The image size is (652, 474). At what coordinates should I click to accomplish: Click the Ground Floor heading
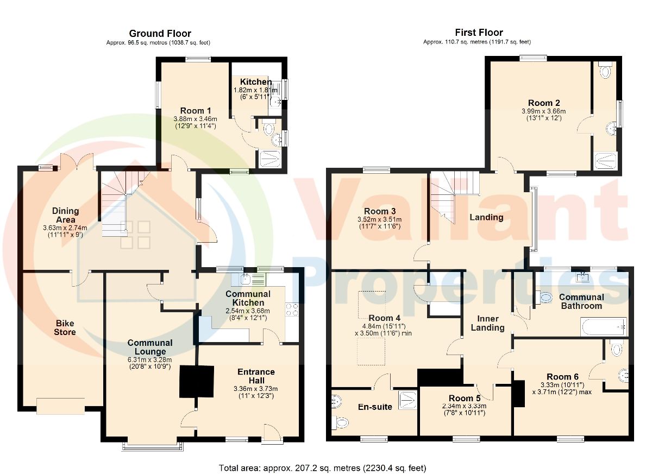160,34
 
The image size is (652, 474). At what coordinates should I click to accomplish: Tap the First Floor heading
479,32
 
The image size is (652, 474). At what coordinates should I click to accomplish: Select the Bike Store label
65,327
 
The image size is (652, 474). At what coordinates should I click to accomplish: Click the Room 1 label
196,111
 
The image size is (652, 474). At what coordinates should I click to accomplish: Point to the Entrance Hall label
256,376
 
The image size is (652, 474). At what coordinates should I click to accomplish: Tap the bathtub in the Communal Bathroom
604,327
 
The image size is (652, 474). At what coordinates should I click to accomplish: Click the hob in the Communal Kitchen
292,309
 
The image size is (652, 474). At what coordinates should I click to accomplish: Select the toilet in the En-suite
340,422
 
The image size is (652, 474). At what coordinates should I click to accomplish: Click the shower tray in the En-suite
408,401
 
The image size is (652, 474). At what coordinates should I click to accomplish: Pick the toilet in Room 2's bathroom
605,70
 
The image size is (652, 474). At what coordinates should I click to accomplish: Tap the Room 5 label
465,398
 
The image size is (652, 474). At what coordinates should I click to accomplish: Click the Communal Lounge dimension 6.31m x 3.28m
150,360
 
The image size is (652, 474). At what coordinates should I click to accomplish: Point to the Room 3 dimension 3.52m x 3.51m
380,219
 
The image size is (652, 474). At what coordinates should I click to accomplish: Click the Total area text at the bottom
323,468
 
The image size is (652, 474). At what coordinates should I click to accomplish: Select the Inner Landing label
487,323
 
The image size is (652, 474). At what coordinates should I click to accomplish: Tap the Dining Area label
66,215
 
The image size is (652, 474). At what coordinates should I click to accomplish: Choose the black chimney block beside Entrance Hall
197,381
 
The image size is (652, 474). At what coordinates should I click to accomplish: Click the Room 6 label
563,377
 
